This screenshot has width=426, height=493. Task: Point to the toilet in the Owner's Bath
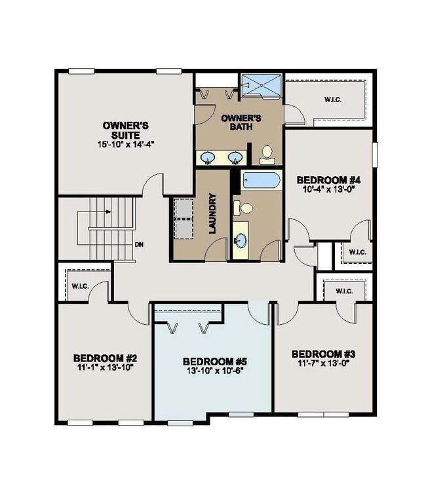pos(266,154)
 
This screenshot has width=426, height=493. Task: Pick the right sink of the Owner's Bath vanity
pos(234,157)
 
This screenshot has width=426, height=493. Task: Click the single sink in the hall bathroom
pos(241,240)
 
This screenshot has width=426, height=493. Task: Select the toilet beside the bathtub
pos(246,208)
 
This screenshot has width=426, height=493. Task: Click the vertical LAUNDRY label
pos(213,212)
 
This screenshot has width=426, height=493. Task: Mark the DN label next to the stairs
pos(139,245)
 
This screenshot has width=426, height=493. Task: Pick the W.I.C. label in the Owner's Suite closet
pos(332,100)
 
